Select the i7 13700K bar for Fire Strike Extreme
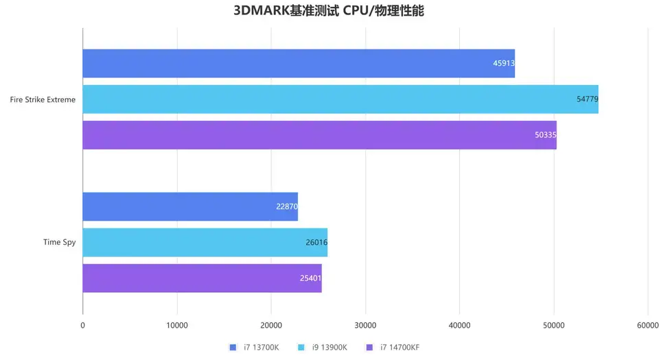299,63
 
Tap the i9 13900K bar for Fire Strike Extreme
340,99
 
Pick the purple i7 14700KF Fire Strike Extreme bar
319,135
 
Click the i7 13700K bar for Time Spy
190,206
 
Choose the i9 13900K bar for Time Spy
205,242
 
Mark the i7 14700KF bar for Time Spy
202,278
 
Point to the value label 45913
503,63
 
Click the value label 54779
587,99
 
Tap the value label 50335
545,135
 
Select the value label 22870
286,206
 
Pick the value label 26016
316,242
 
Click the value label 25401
310,278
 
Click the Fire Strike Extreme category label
43,99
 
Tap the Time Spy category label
59,242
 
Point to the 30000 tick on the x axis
365,325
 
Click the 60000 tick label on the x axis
647,325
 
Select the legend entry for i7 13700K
255,348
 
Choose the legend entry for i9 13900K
324,348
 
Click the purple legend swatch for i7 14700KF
369,348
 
